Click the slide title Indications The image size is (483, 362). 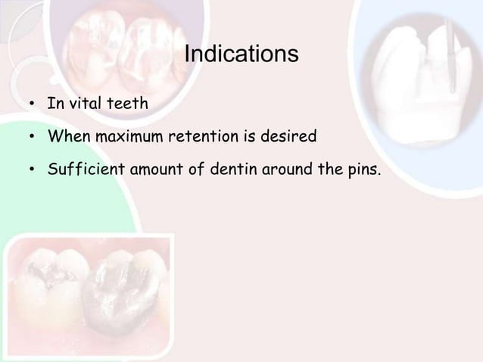[x=241, y=56]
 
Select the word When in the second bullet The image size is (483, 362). [x=65, y=139]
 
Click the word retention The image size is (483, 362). [x=203, y=139]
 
